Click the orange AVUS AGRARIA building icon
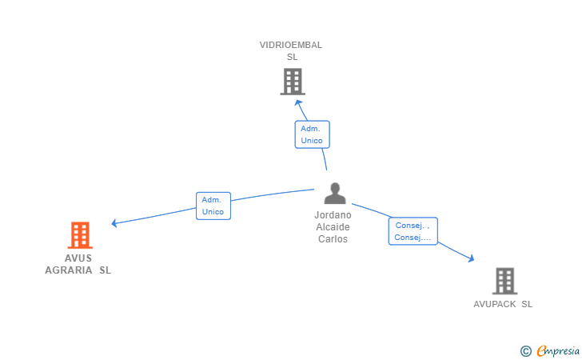(80, 235)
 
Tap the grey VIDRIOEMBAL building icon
(293, 82)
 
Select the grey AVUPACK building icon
(504, 281)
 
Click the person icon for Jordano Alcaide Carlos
(335, 193)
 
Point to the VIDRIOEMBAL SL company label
(291, 51)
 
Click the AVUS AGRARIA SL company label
(78, 264)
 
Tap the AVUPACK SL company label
(503, 304)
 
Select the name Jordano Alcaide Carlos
(333, 227)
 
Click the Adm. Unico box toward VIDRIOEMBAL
(312, 134)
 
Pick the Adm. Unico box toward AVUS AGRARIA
(213, 206)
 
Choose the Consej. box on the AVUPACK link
(413, 231)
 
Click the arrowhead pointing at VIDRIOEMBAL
(298, 103)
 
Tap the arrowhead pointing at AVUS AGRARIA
(114, 223)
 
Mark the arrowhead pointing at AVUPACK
(471, 258)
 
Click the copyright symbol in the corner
(525, 351)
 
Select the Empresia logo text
(558, 350)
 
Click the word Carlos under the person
(333, 239)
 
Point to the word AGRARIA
(69, 270)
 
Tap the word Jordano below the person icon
(333, 215)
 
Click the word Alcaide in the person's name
(333, 227)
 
